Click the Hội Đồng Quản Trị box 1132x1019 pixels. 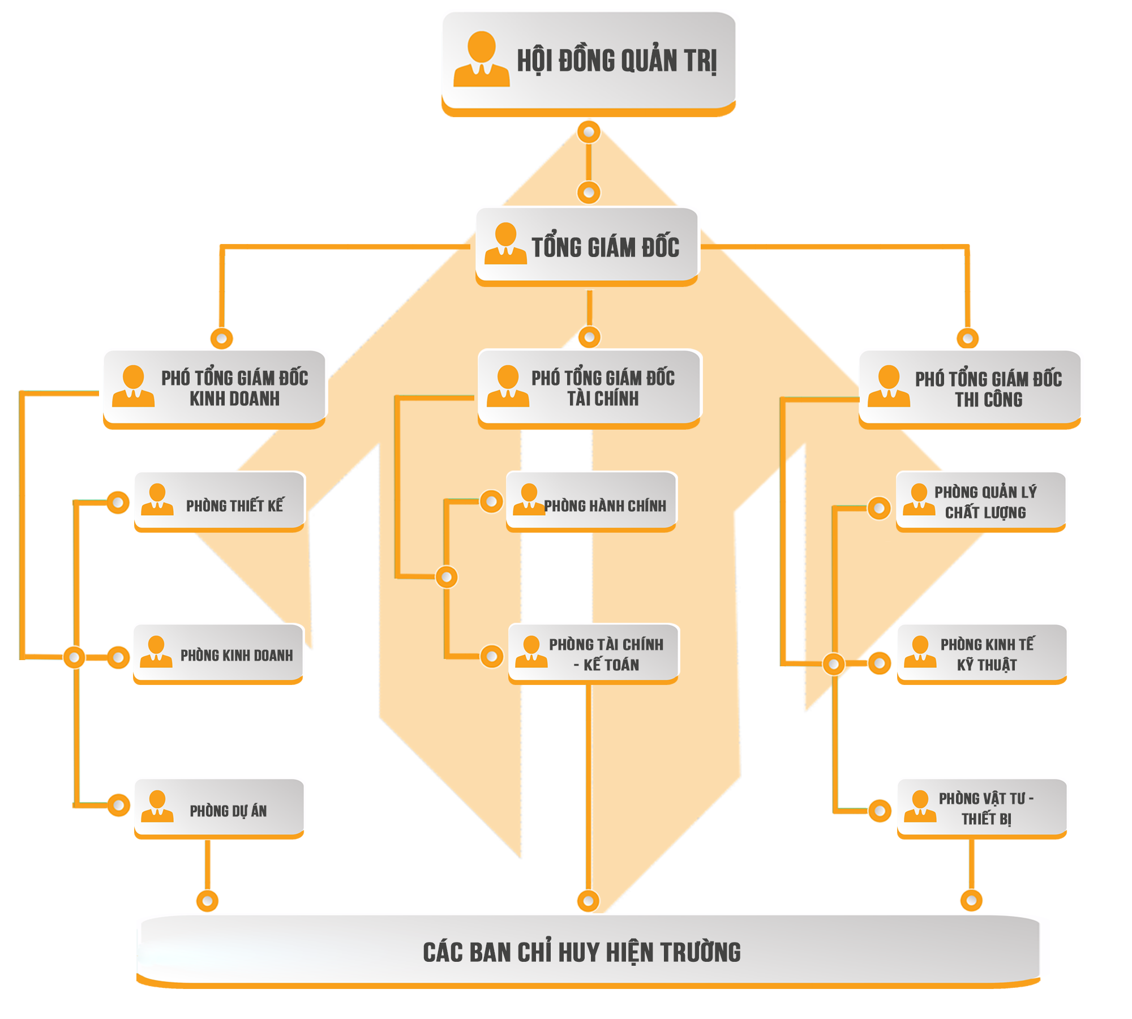589,61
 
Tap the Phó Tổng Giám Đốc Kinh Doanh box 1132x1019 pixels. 215,387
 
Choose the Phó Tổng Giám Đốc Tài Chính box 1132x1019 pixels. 590,387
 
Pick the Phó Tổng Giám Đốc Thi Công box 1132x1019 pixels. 969,388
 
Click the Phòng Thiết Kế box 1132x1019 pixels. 220,500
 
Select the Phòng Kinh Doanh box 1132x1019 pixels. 219,654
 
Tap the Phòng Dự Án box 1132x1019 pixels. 220,808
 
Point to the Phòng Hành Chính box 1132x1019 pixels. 591,500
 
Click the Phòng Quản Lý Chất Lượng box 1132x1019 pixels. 981,501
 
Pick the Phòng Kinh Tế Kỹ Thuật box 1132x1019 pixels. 981,653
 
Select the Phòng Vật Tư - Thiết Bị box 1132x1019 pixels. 982,808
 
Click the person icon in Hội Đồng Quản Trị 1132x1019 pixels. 482,59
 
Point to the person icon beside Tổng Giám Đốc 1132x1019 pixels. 505,243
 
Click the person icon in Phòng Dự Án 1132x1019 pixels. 157,806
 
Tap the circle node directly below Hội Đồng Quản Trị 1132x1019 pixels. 589,132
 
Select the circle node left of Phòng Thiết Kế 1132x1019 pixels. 118,502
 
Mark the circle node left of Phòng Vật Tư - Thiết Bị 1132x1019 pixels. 880,811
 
